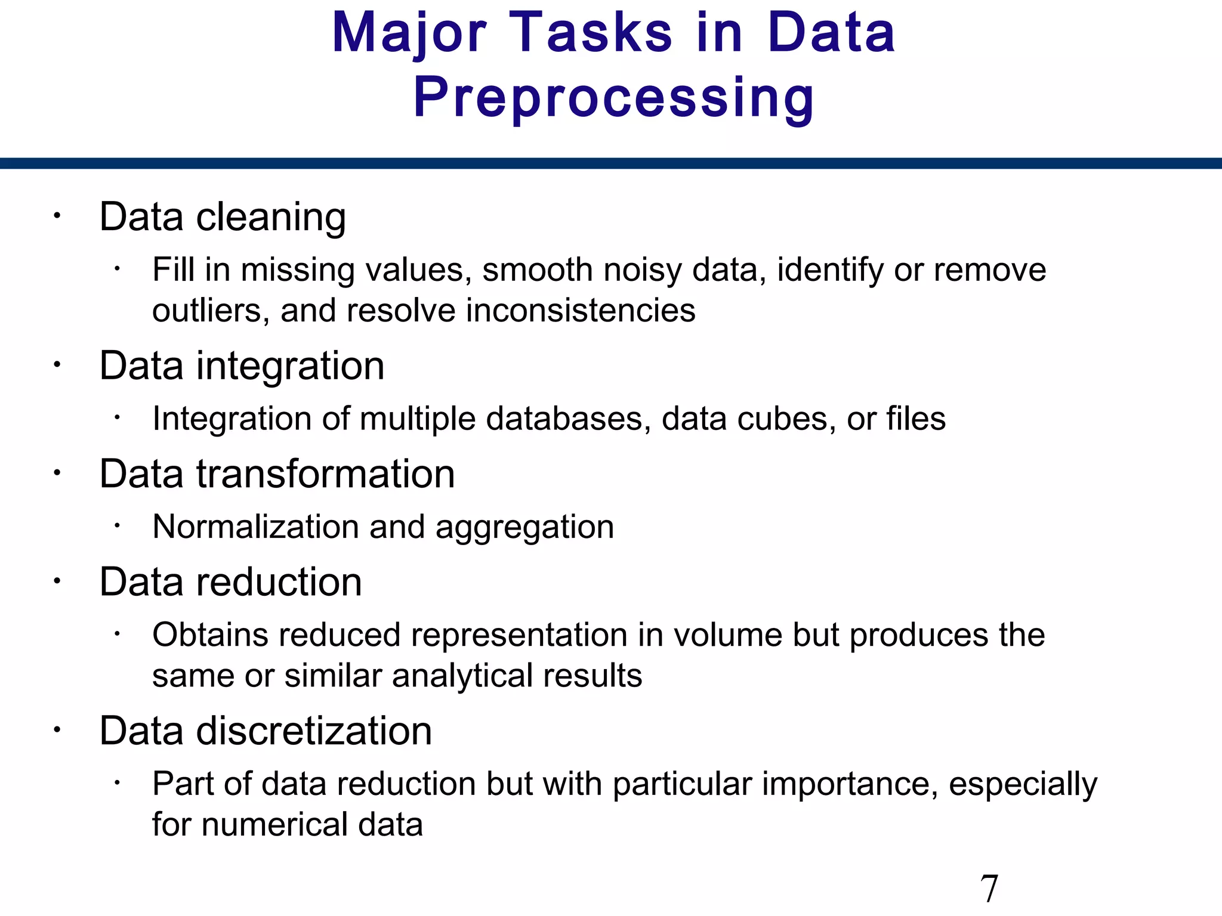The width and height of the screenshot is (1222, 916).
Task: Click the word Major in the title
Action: [409, 33]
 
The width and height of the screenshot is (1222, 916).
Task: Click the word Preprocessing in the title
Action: [613, 98]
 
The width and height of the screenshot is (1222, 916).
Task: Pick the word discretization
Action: [314, 731]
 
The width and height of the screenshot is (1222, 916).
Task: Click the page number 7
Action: [989, 889]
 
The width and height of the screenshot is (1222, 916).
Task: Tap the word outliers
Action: [206, 311]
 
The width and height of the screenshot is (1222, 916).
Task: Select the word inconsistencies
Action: [581, 311]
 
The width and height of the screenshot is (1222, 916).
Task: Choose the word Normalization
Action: [255, 527]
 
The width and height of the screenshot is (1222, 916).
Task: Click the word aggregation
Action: [524, 527]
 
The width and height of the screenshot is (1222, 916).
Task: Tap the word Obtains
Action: [211, 635]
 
